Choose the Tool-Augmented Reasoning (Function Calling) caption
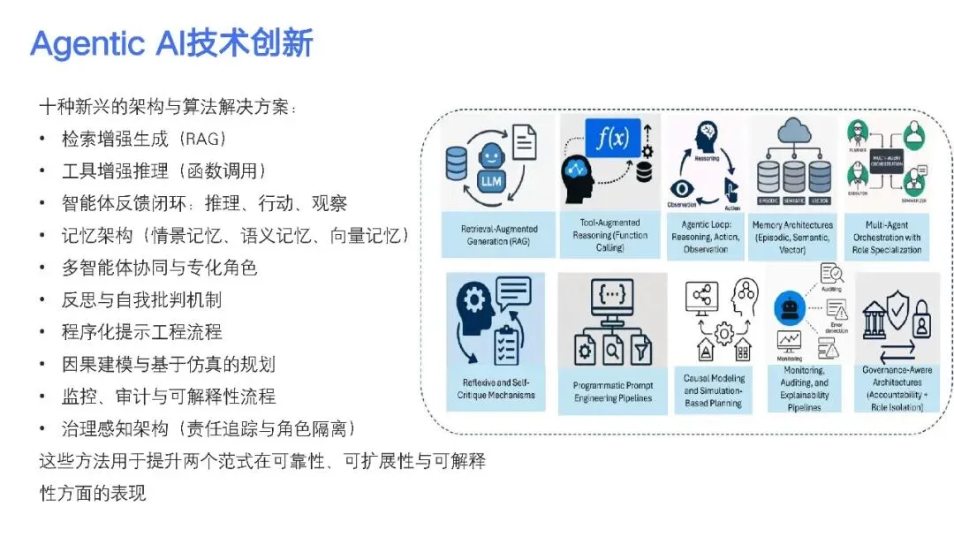pos(609,236)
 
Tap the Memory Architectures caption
pos(792,238)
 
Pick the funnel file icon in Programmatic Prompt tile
pos(642,352)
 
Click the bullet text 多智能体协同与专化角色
pos(159,268)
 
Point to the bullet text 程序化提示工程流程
pos(141,332)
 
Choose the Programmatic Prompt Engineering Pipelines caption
pos(612,392)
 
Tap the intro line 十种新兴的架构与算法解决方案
pos(168,107)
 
